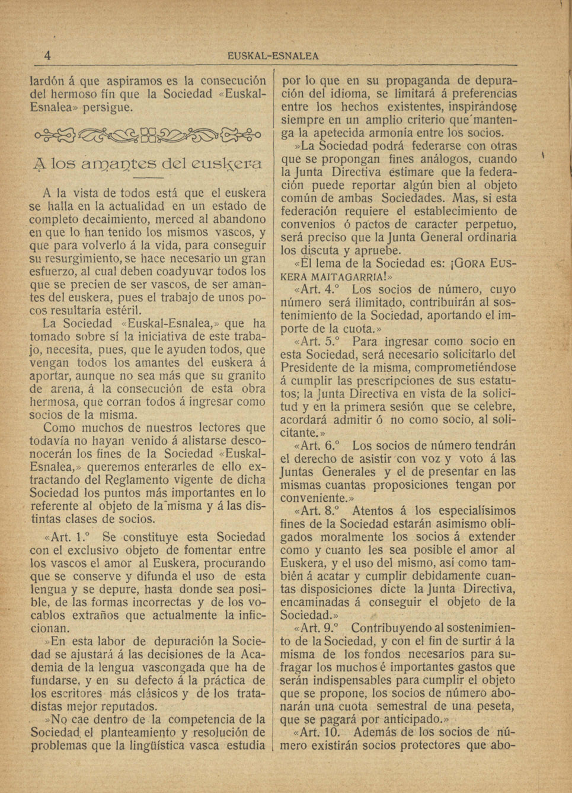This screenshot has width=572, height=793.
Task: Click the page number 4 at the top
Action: pos(47,56)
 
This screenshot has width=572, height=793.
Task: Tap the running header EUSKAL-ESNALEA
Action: pos(273,56)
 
